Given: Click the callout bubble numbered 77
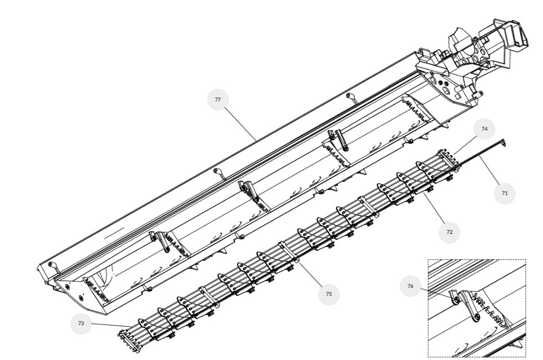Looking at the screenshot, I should coord(218,100).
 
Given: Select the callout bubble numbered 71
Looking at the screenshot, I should coord(504,193).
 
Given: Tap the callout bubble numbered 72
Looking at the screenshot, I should coord(449,232).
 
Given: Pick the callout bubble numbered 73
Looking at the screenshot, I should coord(81,323).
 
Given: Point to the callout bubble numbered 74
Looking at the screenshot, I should coord(484,129).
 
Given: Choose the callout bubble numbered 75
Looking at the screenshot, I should coord(328,294).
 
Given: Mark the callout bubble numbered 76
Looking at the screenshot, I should coord(410,286).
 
